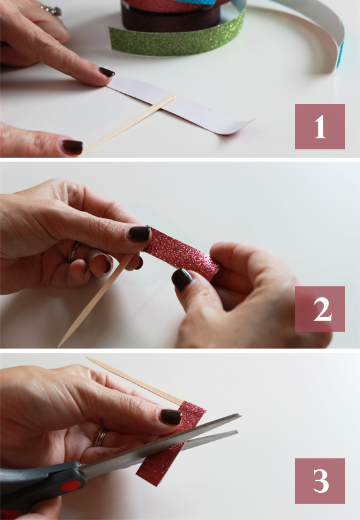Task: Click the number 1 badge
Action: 320,127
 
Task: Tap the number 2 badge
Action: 320,309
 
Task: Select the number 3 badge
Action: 320,480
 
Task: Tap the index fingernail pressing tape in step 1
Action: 106,72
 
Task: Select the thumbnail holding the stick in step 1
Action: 71,147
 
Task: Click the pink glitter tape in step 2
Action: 182,254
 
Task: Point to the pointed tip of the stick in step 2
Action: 61,343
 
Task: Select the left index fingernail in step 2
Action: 139,234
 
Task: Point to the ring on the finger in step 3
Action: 101,437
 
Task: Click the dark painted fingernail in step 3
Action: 171,416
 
